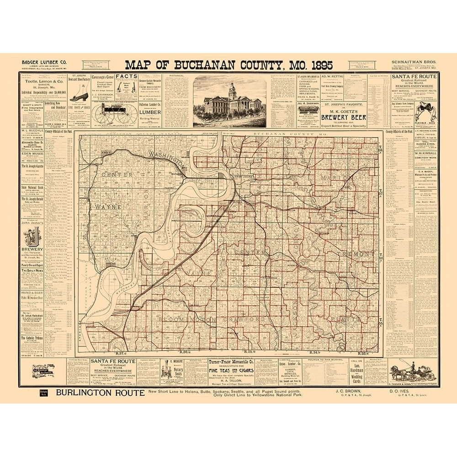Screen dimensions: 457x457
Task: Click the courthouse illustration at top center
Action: [x=230, y=101]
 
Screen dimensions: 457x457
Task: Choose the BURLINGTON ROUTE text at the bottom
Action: [x=100, y=393]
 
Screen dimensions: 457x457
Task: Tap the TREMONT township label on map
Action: [x=361, y=254]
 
